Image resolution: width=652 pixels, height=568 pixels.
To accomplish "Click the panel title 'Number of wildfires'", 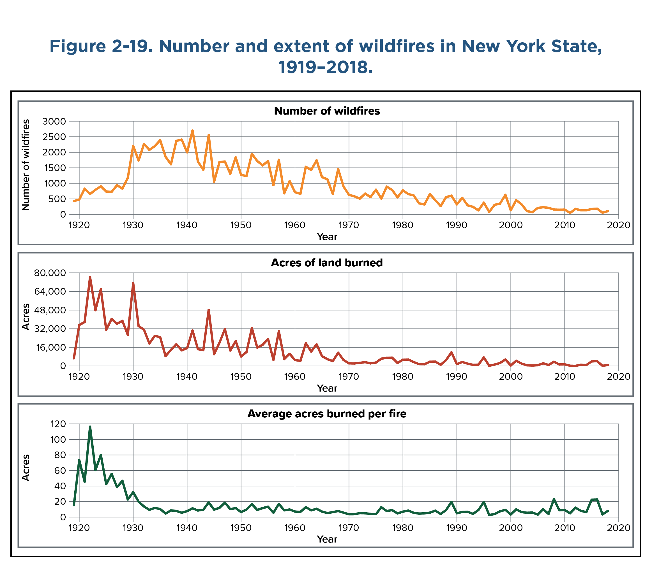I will (327, 111).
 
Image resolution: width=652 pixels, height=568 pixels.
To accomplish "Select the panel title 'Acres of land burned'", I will (327, 262).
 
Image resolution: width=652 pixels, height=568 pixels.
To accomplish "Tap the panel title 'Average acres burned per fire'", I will (327, 414).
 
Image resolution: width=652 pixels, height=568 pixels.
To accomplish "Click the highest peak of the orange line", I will (193, 131).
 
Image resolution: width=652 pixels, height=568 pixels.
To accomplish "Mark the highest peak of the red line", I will (90, 277).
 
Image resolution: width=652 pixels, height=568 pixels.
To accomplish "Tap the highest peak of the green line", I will (90, 427).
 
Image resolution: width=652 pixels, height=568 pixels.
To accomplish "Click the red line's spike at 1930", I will (133, 283).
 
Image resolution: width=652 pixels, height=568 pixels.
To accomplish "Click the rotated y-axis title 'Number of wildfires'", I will (26, 165).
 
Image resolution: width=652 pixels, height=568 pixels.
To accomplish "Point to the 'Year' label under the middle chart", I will (327, 388).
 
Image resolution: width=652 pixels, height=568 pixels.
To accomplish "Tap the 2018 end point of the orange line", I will (608, 211).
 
